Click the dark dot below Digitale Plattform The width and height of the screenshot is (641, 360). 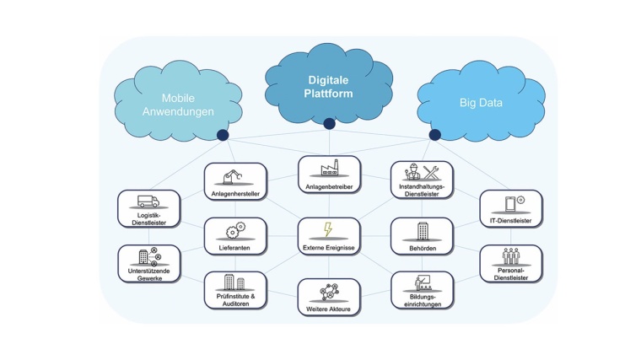[330, 124]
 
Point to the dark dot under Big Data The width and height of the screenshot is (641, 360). [434, 135]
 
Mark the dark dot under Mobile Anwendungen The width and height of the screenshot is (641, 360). [223, 135]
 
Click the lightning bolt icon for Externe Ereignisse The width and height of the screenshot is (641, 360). [329, 229]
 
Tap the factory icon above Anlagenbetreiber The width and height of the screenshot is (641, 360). [329, 168]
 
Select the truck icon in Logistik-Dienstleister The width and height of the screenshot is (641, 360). [148, 201]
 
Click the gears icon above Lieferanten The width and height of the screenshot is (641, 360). [234, 229]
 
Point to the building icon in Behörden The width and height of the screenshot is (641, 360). [423, 230]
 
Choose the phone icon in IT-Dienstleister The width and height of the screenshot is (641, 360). [511, 203]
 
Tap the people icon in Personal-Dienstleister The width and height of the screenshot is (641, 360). [511, 256]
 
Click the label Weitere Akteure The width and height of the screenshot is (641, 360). [329, 310]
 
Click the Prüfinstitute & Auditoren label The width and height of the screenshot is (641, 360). [234, 299]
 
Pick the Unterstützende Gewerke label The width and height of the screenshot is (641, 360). [148, 273]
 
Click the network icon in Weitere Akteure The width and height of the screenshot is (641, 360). [329, 293]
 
